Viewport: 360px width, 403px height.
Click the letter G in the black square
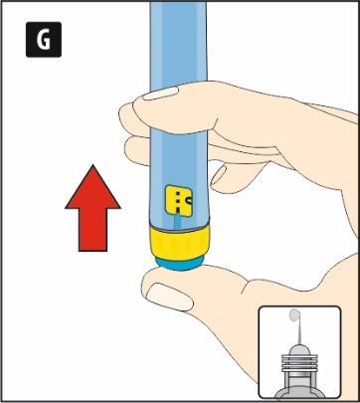pos(44,40)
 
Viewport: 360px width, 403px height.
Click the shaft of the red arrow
pos(92,230)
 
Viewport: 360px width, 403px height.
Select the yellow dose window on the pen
pos(179,201)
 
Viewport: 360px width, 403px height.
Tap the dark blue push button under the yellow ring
pos(180,263)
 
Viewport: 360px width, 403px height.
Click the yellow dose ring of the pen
pos(179,243)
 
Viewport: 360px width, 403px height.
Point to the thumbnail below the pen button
pos(169,297)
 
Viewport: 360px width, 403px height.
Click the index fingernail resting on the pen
pos(161,94)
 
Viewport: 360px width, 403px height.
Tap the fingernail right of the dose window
pos(219,175)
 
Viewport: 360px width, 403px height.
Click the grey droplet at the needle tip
pos(294,314)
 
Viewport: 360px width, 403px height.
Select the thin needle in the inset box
pos(298,331)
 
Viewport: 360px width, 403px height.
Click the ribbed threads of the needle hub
pos(299,363)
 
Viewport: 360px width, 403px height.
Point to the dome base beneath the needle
pos(299,350)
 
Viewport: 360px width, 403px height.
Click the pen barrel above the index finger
pos(178,43)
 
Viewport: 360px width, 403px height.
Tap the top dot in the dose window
pos(178,193)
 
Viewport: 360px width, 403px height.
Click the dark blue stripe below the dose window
pos(178,221)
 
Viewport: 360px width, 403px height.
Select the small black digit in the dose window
pos(189,200)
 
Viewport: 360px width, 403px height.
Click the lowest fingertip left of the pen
pos(136,151)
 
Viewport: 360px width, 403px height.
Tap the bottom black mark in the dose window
pos(178,210)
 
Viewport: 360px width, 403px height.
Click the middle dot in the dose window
pos(178,201)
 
